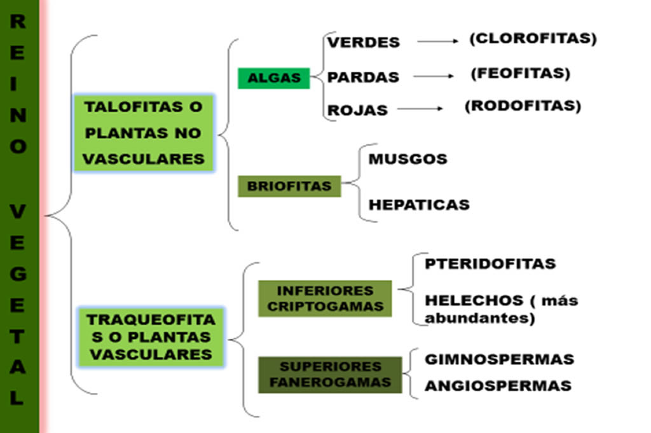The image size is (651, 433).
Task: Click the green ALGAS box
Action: (x=273, y=78)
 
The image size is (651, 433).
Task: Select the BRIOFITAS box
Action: (x=289, y=186)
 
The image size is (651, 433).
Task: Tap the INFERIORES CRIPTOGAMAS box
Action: (x=325, y=298)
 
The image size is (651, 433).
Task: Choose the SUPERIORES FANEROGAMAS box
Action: (x=330, y=375)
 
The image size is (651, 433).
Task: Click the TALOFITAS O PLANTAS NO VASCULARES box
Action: (x=144, y=133)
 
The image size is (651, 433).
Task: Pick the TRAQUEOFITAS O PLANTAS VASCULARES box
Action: (x=151, y=337)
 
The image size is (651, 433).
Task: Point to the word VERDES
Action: (x=364, y=43)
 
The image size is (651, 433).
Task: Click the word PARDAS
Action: (x=363, y=77)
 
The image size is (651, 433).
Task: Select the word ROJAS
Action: (x=357, y=111)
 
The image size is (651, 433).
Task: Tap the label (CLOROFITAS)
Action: (x=533, y=39)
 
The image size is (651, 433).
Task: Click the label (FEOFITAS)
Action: (x=521, y=74)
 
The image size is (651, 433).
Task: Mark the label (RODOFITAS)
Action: (x=523, y=106)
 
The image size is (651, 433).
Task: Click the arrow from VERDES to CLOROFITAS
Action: (x=438, y=41)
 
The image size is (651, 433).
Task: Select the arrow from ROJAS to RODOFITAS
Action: (x=420, y=109)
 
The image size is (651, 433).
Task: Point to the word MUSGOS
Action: (x=408, y=159)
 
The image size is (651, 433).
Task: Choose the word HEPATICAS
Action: (x=420, y=205)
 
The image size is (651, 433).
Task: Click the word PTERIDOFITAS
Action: (x=490, y=264)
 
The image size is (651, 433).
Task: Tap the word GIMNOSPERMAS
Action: (x=500, y=359)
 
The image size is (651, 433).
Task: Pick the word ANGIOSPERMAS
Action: (x=498, y=386)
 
